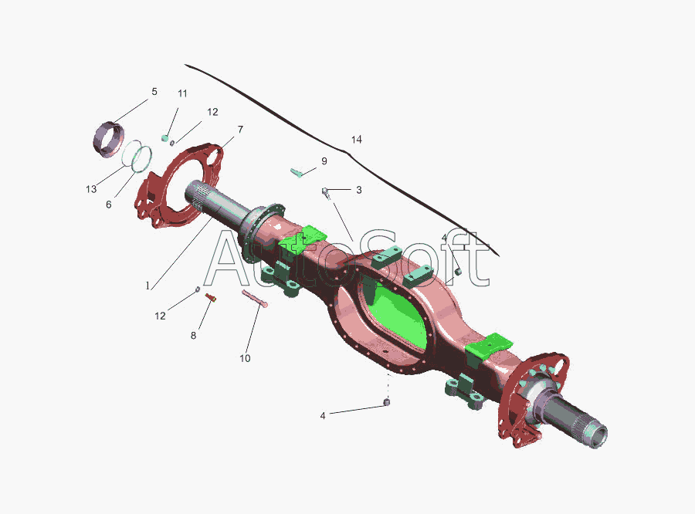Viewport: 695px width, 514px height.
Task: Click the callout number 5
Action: (154, 92)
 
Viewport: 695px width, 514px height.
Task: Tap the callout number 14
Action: (356, 140)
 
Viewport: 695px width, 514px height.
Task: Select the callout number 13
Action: (91, 189)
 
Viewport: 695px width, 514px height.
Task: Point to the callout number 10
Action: (245, 358)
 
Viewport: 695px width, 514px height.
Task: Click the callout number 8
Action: (193, 336)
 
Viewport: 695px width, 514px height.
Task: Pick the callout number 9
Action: (324, 161)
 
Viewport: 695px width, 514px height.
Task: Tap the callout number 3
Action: (358, 190)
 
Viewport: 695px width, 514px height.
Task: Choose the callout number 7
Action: (240, 130)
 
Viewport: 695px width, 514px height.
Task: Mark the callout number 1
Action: (147, 286)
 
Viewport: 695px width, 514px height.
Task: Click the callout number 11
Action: (182, 93)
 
